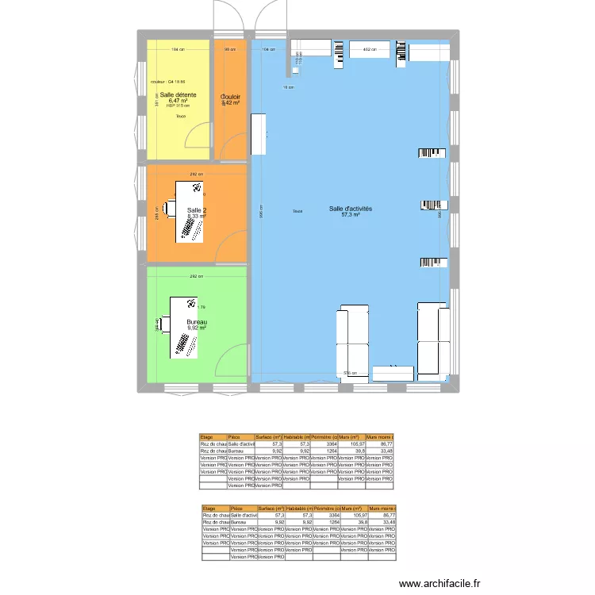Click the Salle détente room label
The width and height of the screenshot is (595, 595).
tap(173, 94)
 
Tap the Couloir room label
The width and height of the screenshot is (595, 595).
tap(231, 97)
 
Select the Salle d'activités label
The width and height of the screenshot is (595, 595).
tap(351, 209)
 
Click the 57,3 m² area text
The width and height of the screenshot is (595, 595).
tap(351, 215)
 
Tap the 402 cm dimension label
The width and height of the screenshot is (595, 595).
tap(368, 49)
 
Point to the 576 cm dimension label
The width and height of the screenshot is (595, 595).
tap(349, 373)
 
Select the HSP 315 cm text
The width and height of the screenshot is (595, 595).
tap(178, 106)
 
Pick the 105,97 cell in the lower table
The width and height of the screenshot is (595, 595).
tap(352, 515)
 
